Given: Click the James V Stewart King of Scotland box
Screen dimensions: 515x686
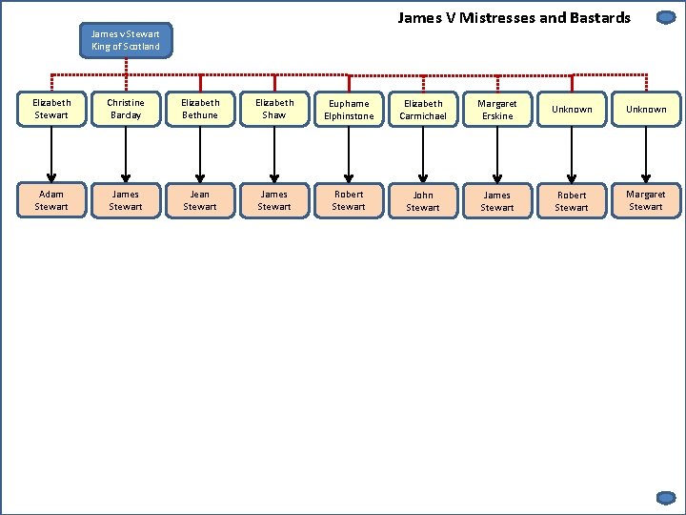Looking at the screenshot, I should click(126, 41).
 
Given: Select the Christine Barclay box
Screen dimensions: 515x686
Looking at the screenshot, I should click(126, 109).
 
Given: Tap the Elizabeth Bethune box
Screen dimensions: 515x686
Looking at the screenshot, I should click(200, 109).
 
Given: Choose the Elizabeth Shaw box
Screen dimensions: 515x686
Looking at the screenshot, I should click(274, 109).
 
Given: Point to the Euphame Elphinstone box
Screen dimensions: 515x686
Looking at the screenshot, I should click(349, 110).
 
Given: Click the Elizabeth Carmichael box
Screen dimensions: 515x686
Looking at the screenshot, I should click(423, 110).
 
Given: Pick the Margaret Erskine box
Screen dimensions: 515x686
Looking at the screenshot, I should click(497, 110).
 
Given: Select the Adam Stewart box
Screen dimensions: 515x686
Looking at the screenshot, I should click(51, 200).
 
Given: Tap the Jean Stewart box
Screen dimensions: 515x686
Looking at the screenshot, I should click(200, 200).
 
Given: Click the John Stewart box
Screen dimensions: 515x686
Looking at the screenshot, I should click(423, 201).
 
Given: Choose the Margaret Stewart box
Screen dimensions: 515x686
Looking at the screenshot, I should click(646, 200).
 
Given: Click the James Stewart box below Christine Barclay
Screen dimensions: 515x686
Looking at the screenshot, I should click(126, 200).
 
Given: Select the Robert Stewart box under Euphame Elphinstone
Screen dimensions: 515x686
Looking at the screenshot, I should click(349, 200).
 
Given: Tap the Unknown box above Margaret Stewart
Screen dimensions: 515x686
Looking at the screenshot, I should click(646, 110).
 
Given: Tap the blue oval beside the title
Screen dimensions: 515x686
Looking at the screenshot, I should click(666, 17).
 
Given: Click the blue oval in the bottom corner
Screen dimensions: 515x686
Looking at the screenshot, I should click(666, 497).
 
